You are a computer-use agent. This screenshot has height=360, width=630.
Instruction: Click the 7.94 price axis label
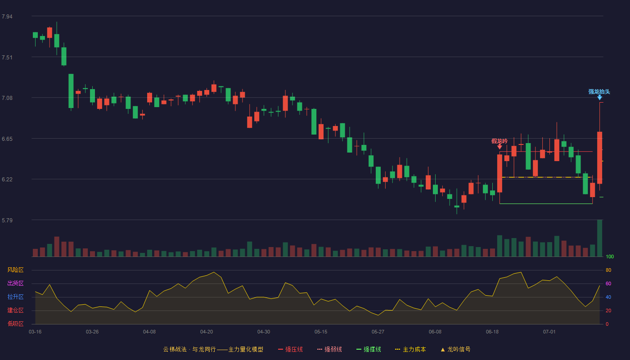[x=7, y=17]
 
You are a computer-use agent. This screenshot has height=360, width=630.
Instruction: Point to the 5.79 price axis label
[x=7, y=220]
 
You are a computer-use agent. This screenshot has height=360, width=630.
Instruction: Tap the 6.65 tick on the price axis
[x=7, y=139]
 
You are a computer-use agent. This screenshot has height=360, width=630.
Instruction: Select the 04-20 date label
[x=207, y=332]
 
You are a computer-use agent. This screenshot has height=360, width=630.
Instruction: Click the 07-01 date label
[x=549, y=332]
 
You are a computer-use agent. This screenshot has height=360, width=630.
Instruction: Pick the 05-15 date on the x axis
[x=321, y=332]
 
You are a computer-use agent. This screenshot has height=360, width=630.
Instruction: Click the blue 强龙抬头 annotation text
[x=599, y=92]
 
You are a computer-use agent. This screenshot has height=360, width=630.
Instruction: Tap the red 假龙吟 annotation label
[x=499, y=141]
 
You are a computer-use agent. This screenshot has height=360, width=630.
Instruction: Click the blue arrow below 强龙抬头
[x=599, y=98]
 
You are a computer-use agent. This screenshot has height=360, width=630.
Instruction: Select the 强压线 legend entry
[x=290, y=349]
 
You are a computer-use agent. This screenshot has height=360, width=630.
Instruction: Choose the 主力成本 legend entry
[x=410, y=349]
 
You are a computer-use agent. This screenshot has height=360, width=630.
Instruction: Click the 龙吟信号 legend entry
[x=455, y=349]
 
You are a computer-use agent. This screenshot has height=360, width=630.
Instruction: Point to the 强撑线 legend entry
[x=369, y=349]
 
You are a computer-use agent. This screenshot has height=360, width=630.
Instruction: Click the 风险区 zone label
[x=15, y=270]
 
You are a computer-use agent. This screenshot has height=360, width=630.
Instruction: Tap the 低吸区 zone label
[x=15, y=324]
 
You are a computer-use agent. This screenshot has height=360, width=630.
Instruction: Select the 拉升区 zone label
[x=15, y=297]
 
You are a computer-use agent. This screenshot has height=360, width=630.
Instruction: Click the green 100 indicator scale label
[x=610, y=256]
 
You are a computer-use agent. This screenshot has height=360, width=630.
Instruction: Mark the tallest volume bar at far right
[x=599, y=238]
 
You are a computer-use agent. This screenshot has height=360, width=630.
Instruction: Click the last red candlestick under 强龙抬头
[x=599, y=157]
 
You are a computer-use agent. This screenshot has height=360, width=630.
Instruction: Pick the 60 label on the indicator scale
[x=608, y=283]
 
